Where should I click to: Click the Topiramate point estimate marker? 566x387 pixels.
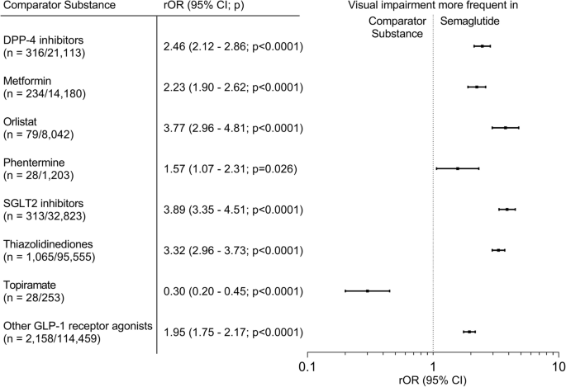tap(367, 290)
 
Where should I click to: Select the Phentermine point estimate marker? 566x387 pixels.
tap(458, 168)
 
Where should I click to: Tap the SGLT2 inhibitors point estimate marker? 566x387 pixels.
tap(507, 210)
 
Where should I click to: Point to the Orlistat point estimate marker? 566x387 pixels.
tap(505, 128)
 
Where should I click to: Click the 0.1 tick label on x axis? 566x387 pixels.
tap(307, 366)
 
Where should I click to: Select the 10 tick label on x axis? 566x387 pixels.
tap(558, 366)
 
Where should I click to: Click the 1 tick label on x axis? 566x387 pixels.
tap(433, 366)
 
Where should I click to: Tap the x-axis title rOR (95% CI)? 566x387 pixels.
tap(433, 380)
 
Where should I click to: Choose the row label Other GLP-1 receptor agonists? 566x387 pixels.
tap(78, 325)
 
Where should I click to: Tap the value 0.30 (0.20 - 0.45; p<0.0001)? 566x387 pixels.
tap(233, 291)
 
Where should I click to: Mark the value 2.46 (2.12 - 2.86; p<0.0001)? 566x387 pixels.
tap(233, 46)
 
